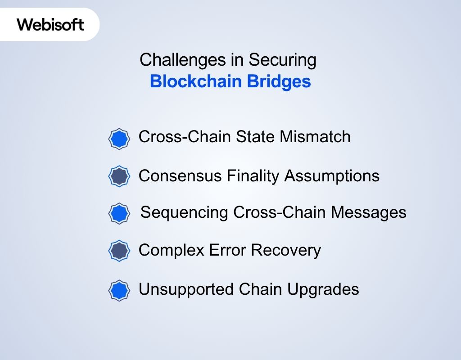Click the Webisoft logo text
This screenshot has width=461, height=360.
pyautogui.click(x=50, y=24)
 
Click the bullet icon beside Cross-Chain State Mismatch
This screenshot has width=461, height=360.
pyautogui.click(x=119, y=139)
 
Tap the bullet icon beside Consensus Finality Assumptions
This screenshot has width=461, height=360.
pyautogui.click(x=119, y=176)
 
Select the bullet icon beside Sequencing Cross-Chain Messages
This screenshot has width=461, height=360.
pyautogui.click(x=119, y=213)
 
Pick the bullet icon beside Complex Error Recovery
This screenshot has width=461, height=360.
pyautogui.click(x=119, y=251)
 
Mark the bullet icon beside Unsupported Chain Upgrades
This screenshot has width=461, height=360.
pyautogui.click(x=119, y=290)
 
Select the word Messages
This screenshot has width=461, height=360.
pyautogui.click(x=369, y=212)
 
